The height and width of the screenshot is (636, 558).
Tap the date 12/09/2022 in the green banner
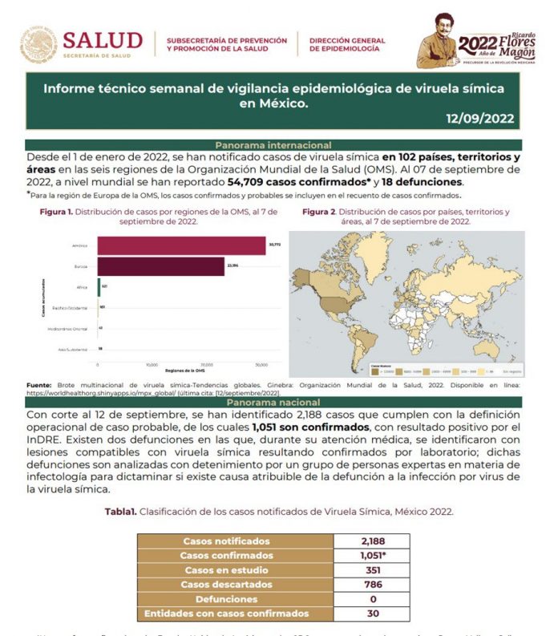pyautogui.click(x=480, y=119)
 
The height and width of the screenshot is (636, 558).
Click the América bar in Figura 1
pyautogui.click(x=181, y=245)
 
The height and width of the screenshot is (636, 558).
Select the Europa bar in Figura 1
pyautogui.click(x=160, y=265)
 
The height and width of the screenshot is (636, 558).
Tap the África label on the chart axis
pyautogui.click(x=83, y=286)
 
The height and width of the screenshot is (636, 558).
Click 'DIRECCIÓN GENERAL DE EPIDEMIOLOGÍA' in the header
pyautogui.click(x=346, y=44)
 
